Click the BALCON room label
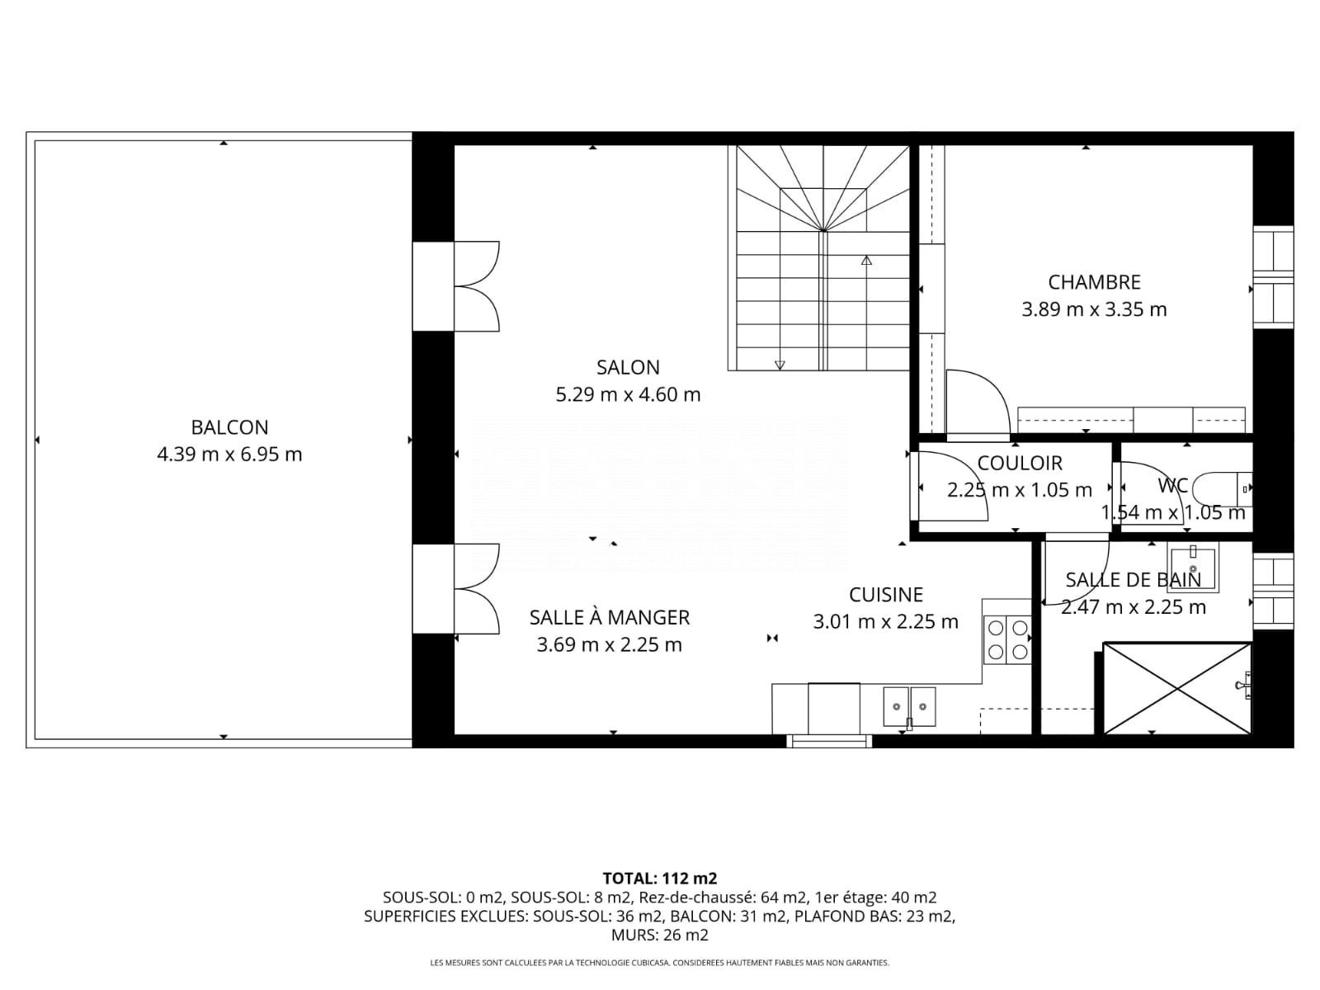pyautogui.click(x=229, y=427)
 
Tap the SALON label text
pyautogui.click(x=628, y=367)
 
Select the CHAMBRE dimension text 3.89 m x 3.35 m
pyautogui.click(x=1094, y=309)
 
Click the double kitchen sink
pyautogui.click(x=909, y=706)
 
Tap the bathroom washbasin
pyautogui.click(x=1193, y=568)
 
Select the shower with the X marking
pyautogui.click(x=1177, y=688)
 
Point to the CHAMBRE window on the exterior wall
pyautogui.click(x=1273, y=277)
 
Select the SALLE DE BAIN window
pyautogui.click(x=1273, y=591)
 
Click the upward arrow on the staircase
pyautogui.click(x=866, y=260)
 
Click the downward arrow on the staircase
pyautogui.click(x=780, y=365)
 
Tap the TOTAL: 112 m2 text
pyautogui.click(x=660, y=879)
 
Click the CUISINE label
pyautogui.click(x=886, y=595)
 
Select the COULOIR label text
pyautogui.click(x=1020, y=463)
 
